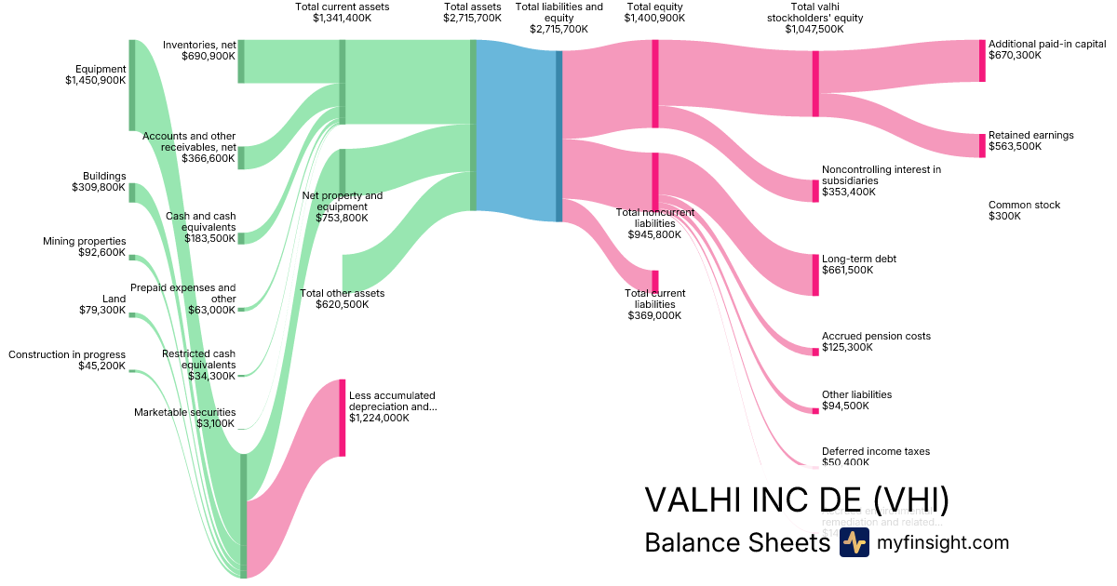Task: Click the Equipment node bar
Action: tap(131, 85)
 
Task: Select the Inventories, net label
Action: tap(198, 44)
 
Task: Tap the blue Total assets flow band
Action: tap(516, 130)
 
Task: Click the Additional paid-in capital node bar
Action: tap(981, 60)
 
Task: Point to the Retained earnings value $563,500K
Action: tap(1015, 146)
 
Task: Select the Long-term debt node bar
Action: tap(815, 274)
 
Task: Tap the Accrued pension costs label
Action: tap(876, 336)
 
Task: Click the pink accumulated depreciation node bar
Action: tap(342, 418)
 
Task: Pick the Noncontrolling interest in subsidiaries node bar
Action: tap(815, 191)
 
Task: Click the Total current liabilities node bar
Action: tap(655, 281)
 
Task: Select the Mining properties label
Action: tap(84, 241)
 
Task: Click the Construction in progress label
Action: tap(67, 354)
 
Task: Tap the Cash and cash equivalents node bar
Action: tap(241, 238)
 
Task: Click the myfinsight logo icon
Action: tap(854, 543)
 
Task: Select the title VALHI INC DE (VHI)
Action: tap(797, 500)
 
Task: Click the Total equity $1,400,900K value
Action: tap(654, 18)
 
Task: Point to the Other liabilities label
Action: tap(856, 394)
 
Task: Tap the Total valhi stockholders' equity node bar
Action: tap(815, 84)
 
